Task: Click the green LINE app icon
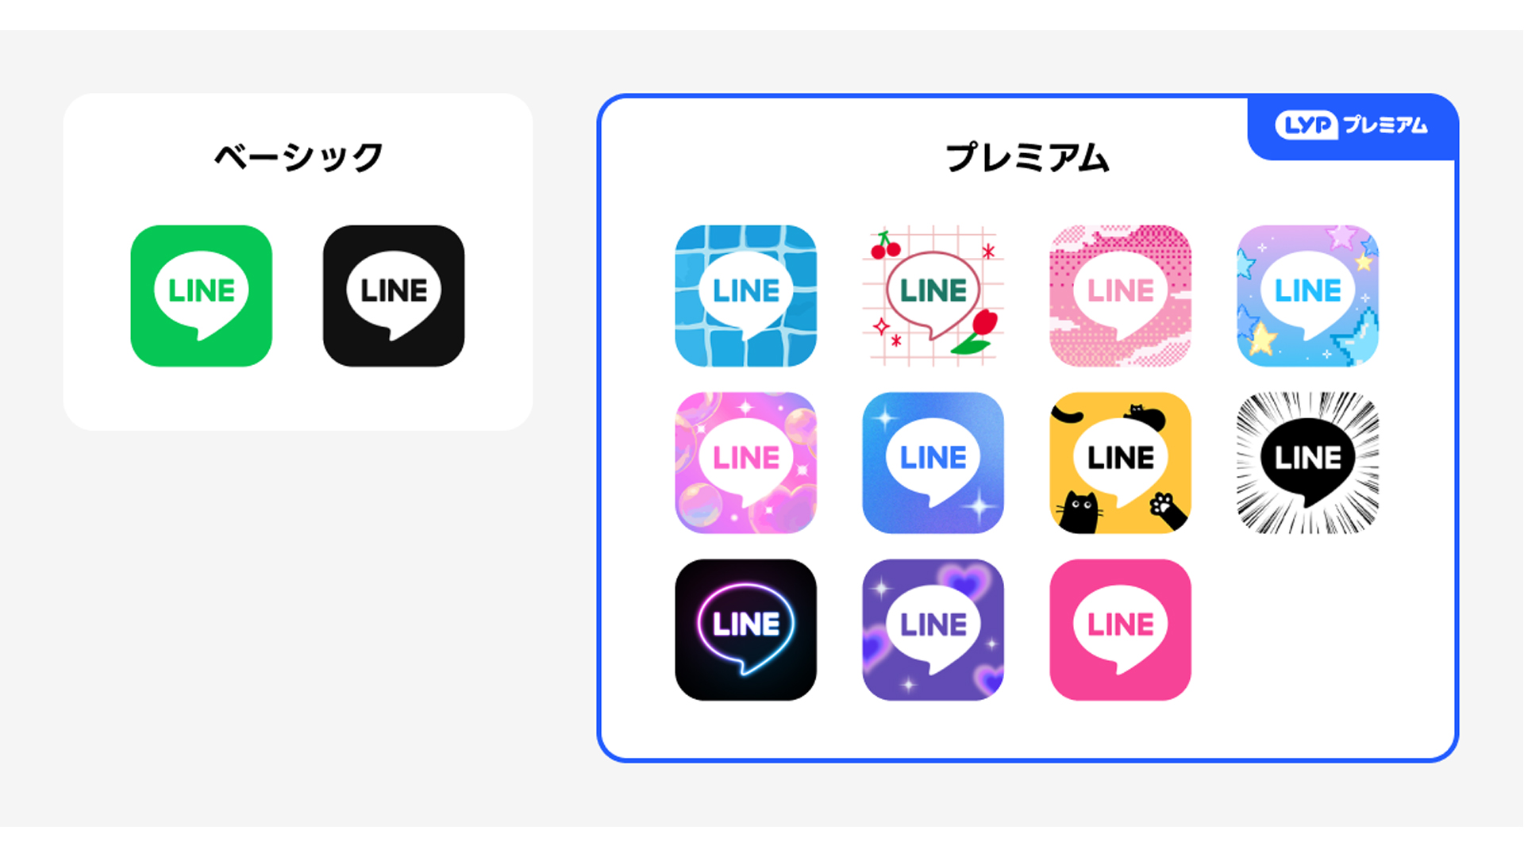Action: coord(201,296)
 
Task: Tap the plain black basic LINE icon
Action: coord(394,296)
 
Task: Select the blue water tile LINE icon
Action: coord(745,296)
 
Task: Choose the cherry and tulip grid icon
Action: coord(933,296)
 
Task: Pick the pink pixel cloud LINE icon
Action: coord(1120,296)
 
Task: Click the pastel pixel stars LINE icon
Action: coord(1307,296)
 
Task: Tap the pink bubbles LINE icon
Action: coord(745,463)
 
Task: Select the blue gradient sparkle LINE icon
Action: coord(933,463)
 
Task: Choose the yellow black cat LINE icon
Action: coord(1120,463)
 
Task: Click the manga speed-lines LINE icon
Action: coord(1307,463)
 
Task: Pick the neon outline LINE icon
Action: coord(745,629)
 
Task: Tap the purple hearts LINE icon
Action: coord(933,629)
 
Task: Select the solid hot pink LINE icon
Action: coord(1120,629)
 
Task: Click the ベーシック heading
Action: coord(298,157)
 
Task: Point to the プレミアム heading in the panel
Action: coord(1027,157)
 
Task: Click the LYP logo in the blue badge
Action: coord(1306,125)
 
